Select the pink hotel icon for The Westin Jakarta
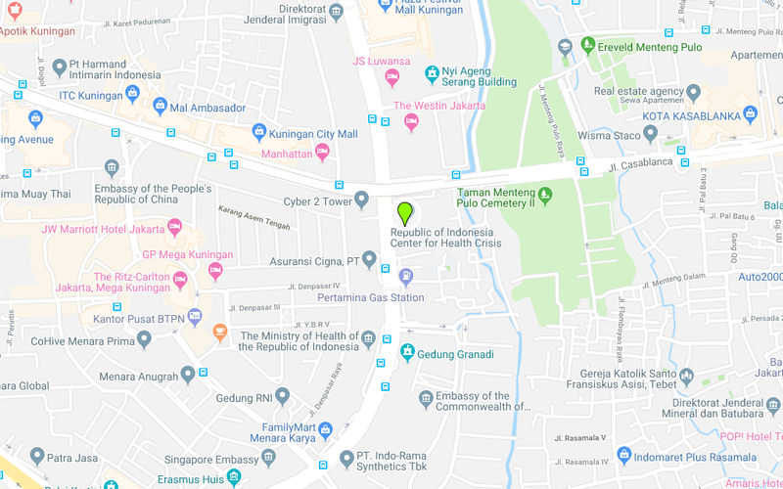click(411, 121)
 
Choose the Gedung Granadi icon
click(407, 353)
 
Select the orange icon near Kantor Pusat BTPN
click(220, 331)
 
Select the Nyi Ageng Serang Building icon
click(432, 73)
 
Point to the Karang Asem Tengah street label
click(257, 212)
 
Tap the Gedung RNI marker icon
click(283, 396)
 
